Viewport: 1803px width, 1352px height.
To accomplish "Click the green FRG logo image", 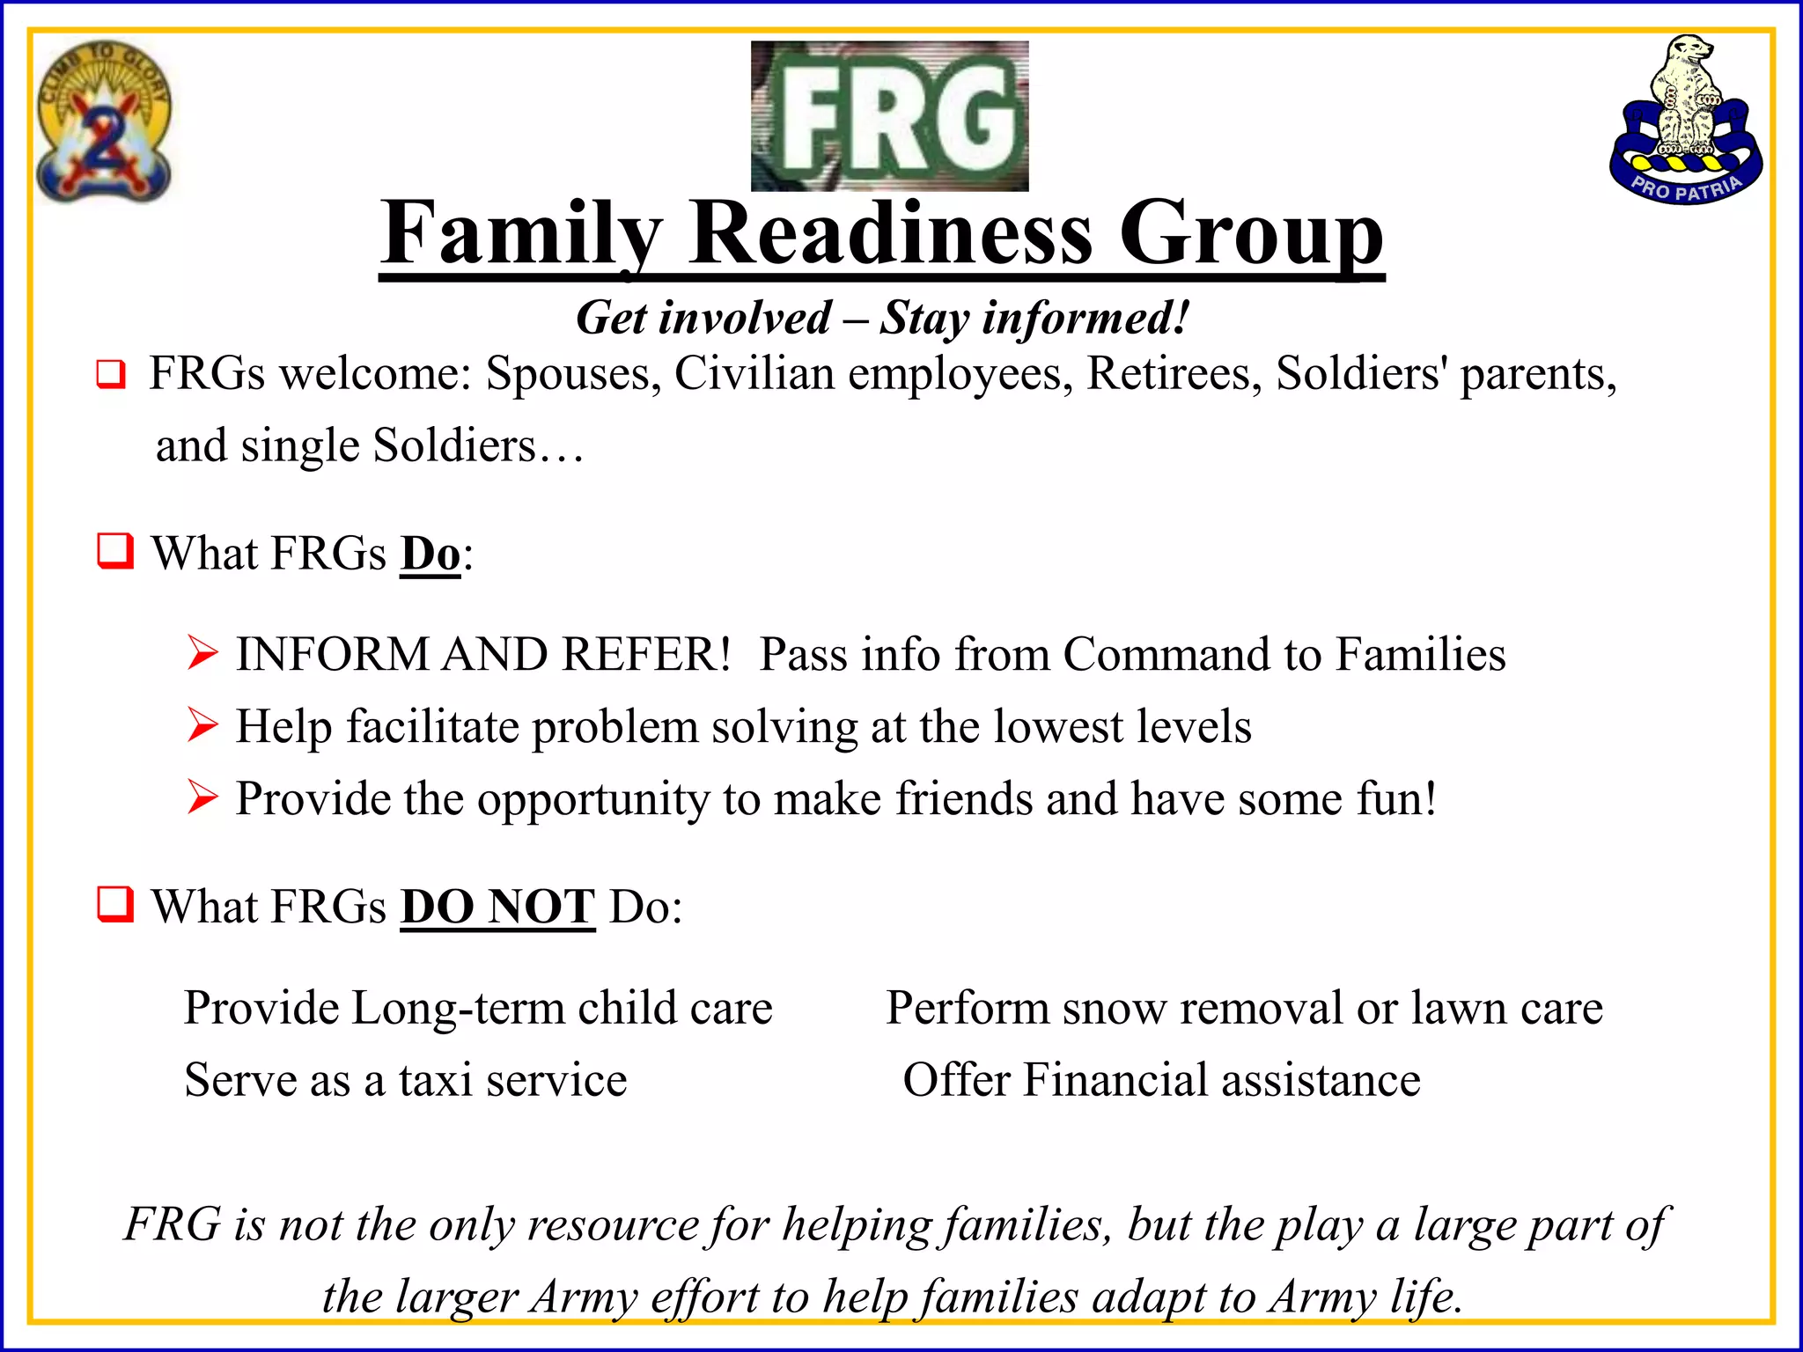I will (889, 116).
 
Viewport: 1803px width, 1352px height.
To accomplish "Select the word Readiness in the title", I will (891, 233).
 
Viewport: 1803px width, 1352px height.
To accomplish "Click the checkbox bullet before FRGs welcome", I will (111, 374).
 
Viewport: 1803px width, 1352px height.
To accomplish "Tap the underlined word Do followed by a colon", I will (431, 554).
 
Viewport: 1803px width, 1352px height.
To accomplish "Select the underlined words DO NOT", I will (498, 907).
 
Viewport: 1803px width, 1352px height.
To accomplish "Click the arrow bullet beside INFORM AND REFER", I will (202, 654).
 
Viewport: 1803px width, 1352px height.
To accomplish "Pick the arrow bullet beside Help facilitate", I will (202, 726).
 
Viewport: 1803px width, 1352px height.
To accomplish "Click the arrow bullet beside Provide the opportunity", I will (202, 798).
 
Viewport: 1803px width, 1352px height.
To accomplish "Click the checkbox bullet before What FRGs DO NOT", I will (115, 904).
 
